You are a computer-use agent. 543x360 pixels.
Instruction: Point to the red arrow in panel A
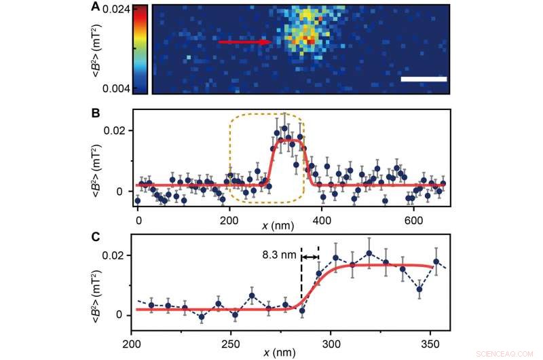click(x=245, y=42)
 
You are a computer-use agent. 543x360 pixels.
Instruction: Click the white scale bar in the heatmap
click(x=424, y=79)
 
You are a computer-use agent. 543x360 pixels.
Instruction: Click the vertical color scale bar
click(x=140, y=49)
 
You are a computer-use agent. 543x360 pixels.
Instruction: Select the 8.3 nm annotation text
click(x=279, y=257)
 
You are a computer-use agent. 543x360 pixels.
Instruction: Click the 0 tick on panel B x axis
click(x=138, y=221)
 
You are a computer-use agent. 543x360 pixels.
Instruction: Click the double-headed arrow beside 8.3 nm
click(x=310, y=257)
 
